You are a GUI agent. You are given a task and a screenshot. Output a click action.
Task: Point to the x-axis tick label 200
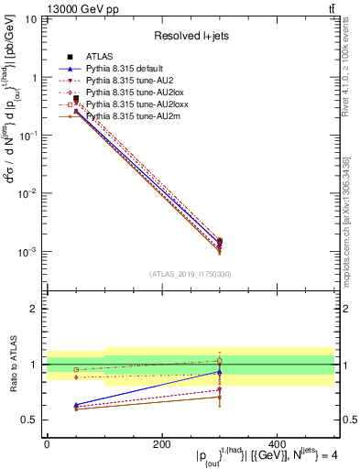pos(161,443)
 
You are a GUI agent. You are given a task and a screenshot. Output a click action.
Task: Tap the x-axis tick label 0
pos(47,443)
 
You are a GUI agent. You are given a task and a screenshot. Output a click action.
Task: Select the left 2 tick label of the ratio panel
pos(34,309)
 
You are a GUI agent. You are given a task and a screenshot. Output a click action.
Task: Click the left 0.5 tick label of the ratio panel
pos(30,420)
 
